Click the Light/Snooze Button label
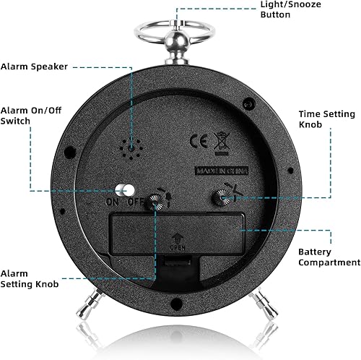point(290,9)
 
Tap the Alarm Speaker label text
point(34,67)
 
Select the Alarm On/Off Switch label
point(31,116)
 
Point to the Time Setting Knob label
point(326,119)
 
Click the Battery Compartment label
point(329,257)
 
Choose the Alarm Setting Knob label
point(30,279)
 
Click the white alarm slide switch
point(125,190)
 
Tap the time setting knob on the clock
point(222,198)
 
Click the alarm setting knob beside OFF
point(156,202)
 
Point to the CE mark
point(199,141)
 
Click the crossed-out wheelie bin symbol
point(222,144)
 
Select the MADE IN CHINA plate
point(222,171)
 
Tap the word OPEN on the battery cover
point(178,248)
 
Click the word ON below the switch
point(112,202)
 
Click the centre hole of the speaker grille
point(131,149)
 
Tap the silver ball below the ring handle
point(177,40)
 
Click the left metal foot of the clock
point(87,304)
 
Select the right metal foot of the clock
point(264,303)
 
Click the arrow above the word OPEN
point(177,239)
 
